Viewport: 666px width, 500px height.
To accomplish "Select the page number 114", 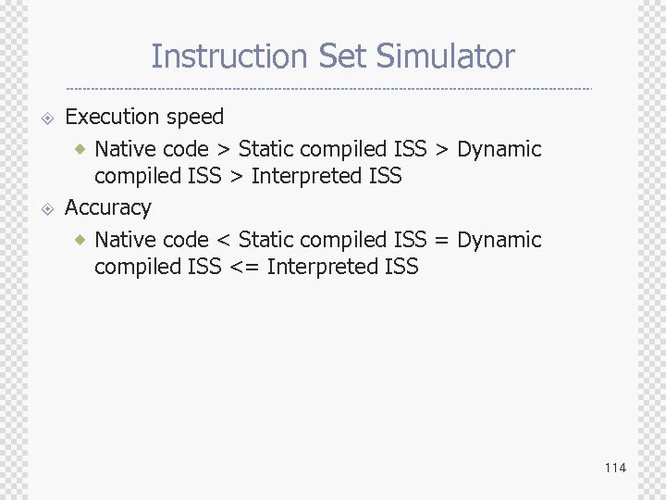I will pos(615,468).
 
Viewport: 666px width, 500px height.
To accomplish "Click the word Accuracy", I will pos(107,208).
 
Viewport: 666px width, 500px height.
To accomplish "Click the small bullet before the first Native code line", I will pos(81,148).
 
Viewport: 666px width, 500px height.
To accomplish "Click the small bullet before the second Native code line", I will pos(81,239).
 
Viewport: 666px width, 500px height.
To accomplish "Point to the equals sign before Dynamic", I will pos(441,240).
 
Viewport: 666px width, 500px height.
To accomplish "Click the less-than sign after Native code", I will pos(222,240).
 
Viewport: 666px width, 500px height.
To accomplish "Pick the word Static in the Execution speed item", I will pos(265,148).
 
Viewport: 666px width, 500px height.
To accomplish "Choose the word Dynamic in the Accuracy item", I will pos(499,240).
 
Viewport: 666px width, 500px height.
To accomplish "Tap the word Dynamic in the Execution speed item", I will pos(499,149).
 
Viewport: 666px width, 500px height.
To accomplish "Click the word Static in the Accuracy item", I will pos(265,239).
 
